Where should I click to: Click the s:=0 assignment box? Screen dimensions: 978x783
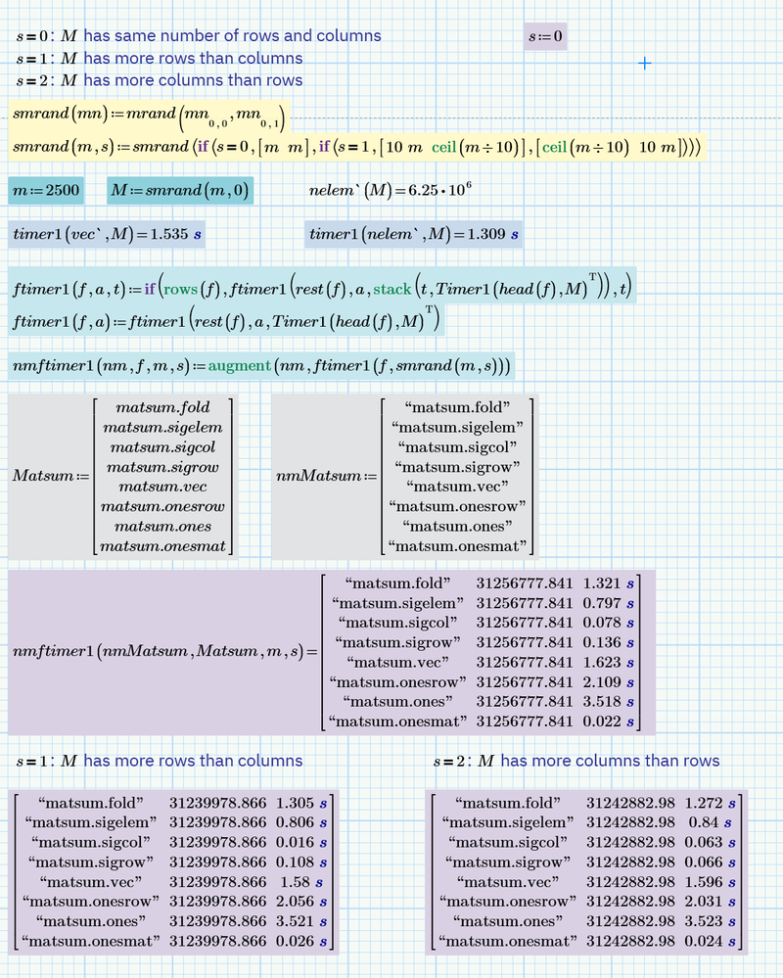tap(546, 37)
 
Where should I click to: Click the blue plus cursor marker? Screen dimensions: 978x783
tap(645, 63)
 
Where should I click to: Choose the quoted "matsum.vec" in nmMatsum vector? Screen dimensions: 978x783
tap(457, 487)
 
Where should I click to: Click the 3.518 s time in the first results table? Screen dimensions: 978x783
tap(608, 701)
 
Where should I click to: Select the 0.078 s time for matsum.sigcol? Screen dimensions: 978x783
tap(608, 623)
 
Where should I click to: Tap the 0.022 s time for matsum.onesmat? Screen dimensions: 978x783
tap(608, 722)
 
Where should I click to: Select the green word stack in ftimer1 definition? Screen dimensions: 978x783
tap(392, 289)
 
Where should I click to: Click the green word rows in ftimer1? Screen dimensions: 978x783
tap(179, 289)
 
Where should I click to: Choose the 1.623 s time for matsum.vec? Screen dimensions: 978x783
tap(608, 662)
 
